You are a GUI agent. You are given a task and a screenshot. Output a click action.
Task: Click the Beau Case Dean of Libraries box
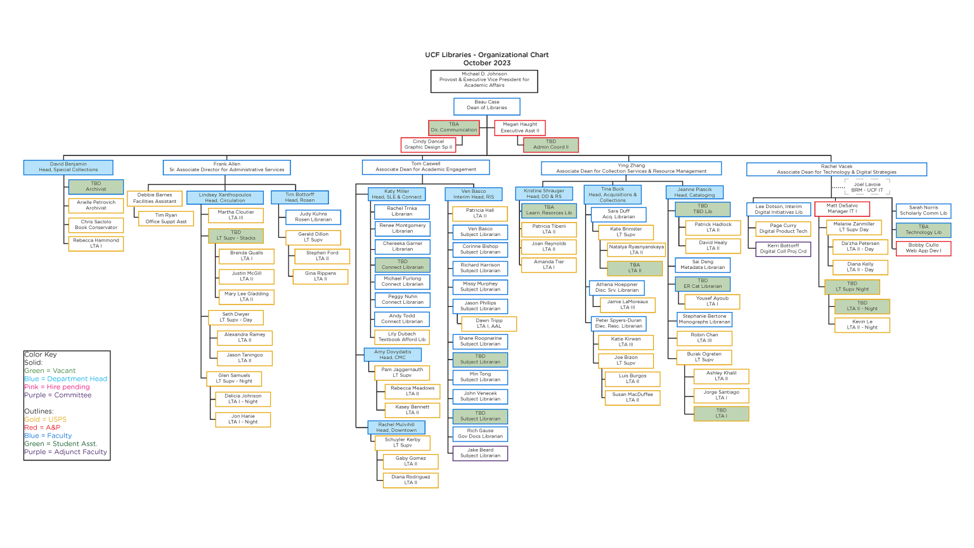click(487, 105)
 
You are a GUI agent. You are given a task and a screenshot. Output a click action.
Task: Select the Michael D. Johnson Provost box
click(484, 80)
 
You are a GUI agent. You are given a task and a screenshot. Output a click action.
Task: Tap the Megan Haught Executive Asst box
click(519, 127)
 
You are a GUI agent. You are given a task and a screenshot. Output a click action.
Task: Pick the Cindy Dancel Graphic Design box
click(428, 145)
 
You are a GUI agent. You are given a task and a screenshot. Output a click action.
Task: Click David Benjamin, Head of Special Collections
click(68, 167)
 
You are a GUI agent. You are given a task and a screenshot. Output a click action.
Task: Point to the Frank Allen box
click(227, 167)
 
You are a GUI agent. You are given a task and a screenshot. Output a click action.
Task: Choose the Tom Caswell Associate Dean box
click(425, 167)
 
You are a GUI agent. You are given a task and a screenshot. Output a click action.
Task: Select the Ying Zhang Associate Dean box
click(631, 168)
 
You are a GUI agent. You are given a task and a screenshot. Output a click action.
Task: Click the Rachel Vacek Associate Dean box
click(836, 169)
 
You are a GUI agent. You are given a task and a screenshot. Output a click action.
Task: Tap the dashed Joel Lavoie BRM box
click(867, 187)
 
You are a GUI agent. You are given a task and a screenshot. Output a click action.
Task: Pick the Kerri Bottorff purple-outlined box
click(783, 249)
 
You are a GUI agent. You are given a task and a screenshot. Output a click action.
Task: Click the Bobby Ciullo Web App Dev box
click(923, 248)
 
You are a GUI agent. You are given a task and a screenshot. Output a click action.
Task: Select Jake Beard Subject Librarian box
click(480, 453)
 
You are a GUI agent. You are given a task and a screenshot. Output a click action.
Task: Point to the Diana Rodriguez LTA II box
click(410, 480)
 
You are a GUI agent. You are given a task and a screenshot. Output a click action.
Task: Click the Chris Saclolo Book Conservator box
click(96, 225)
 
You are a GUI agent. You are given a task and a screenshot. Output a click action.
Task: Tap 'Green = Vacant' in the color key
click(50, 370)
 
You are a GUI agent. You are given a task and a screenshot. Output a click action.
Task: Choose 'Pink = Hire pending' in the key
click(57, 387)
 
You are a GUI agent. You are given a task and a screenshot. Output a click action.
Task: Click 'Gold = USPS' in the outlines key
click(45, 419)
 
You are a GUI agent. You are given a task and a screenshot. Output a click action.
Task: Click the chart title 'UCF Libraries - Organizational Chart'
click(486, 55)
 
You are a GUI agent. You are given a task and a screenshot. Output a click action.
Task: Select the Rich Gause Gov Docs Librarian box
click(480, 433)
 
